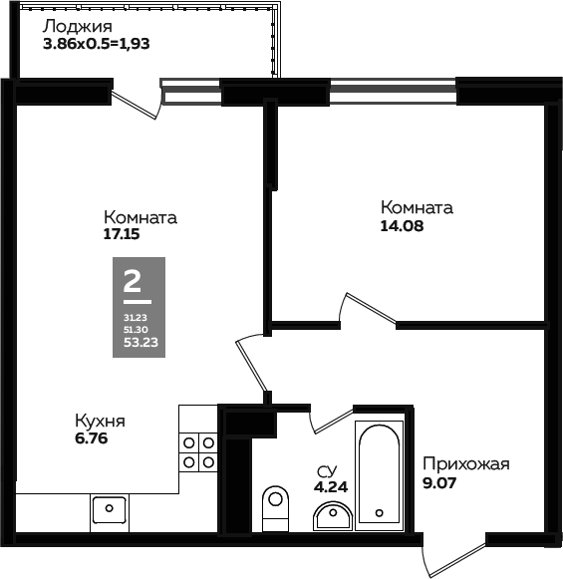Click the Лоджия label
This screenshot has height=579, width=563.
[x=78, y=28]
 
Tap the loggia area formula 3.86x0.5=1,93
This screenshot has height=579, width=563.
[x=97, y=44]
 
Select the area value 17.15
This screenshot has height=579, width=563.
[x=122, y=234]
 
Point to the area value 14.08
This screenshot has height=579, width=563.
[x=402, y=226]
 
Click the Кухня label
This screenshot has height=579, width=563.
[x=100, y=422]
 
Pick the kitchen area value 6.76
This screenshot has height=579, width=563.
[x=92, y=438]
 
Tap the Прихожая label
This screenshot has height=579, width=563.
[x=466, y=464]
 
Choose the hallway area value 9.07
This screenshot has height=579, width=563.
[x=439, y=482]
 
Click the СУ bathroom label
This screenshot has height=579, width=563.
[x=327, y=471]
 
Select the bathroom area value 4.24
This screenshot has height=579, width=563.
[x=331, y=487]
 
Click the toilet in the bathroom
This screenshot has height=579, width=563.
[x=275, y=508]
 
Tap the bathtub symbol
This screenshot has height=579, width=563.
[x=379, y=475]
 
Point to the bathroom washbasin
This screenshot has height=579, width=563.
[x=333, y=516]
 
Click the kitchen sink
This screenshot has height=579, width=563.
[x=110, y=509]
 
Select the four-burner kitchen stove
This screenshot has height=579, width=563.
[x=198, y=452]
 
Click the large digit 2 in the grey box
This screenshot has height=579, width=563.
[x=133, y=281]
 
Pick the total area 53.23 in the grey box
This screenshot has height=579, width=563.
[x=141, y=342]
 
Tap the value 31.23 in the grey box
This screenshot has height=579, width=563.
[x=136, y=318]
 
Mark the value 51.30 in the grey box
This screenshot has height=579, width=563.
[x=136, y=330]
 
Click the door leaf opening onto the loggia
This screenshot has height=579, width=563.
[x=134, y=105]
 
